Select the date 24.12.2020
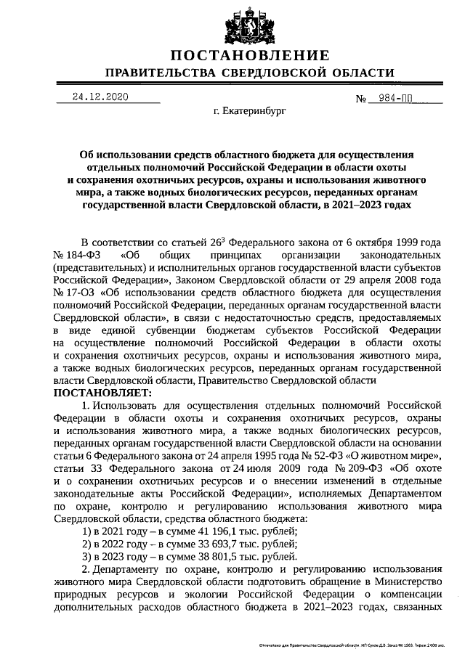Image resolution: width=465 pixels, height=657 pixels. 100,97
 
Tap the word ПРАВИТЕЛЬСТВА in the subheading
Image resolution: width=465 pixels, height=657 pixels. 159,73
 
